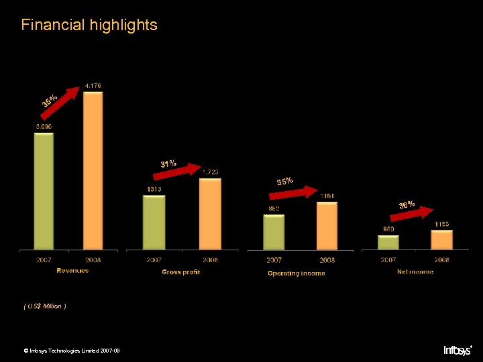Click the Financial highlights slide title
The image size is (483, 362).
click(89, 25)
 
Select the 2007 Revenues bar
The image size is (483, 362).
click(44, 191)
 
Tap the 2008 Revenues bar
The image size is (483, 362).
click(93, 171)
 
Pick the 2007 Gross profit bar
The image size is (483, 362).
click(154, 223)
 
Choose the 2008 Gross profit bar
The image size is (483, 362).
click(210, 214)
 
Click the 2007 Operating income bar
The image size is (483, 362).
click(274, 232)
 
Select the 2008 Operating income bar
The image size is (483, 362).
click(327, 226)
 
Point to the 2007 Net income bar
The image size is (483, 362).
click(388, 242)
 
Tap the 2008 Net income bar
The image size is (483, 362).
click(441, 239)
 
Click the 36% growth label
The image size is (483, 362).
click(407, 204)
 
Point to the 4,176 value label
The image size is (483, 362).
click(93, 85)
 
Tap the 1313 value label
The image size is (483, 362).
click(154, 189)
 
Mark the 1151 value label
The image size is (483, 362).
click(327, 196)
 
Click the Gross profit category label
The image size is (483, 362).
click(180, 272)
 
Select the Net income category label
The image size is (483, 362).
click(415, 271)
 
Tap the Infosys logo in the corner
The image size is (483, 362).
click(458, 350)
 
